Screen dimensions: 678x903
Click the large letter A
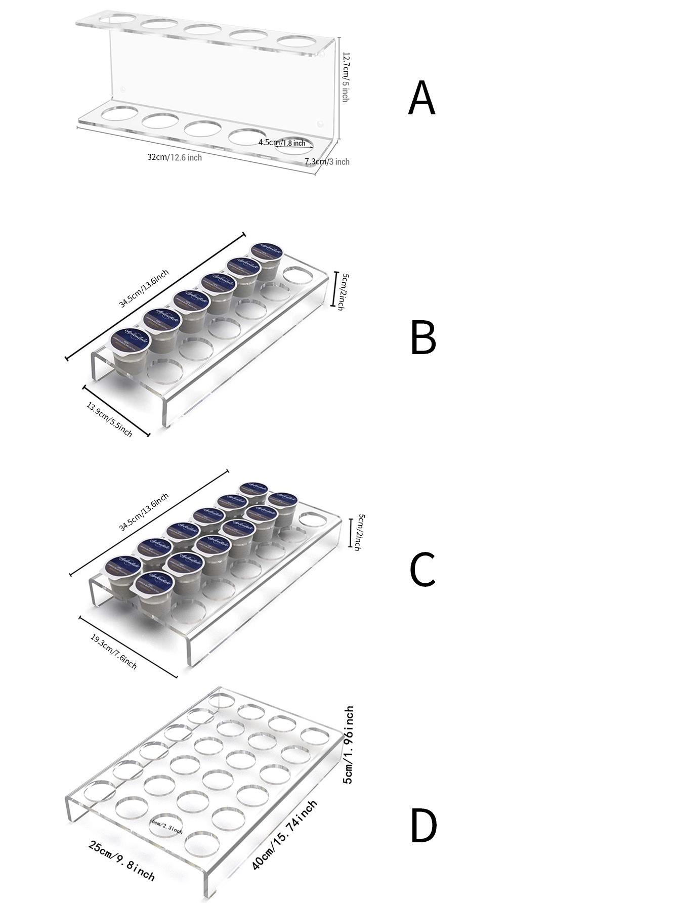tap(421, 98)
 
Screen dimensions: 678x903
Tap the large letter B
tap(423, 337)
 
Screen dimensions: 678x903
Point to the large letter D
tap(423, 826)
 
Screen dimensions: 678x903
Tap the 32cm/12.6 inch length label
tap(175, 157)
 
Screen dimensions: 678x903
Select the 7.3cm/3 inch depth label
tap(327, 162)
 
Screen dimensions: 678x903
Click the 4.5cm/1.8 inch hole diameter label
tap(282, 143)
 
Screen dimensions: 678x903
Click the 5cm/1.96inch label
tap(349, 745)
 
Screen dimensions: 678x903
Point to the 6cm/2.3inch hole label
tap(166, 828)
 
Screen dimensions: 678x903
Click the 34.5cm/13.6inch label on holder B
tap(144, 289)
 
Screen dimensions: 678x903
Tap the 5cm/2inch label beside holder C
tap(359, 532)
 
